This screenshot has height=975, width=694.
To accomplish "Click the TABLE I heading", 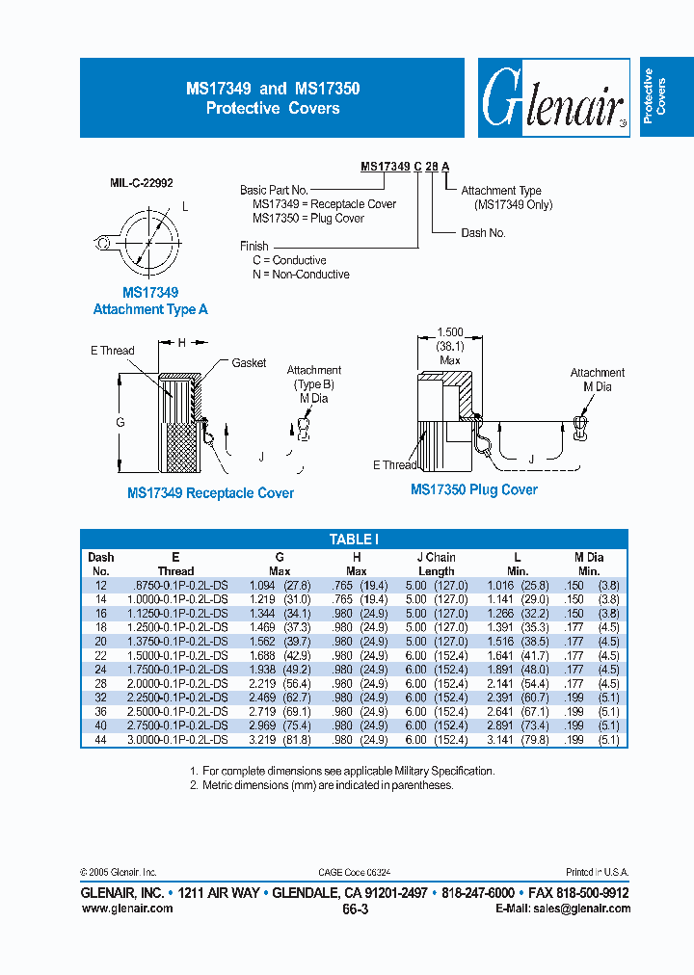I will [354, 540].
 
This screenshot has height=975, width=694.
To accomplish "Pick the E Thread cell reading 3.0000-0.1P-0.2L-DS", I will [175, 739].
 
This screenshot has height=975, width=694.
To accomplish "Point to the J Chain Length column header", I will [436, 564].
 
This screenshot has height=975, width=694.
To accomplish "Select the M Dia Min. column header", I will [588, 564].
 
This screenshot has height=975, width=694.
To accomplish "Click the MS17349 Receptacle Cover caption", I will [210, 493].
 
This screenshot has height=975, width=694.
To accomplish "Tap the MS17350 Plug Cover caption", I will [474, 489].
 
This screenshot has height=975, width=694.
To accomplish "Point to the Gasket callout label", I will [249, 363].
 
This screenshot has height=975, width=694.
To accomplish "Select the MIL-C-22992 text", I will [142, 182].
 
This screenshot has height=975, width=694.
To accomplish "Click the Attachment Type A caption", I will [150, 309].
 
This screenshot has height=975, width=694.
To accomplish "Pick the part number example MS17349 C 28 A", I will [405, 167].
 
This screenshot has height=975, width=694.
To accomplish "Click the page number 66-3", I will [355, 908].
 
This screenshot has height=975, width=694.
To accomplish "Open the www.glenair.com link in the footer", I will [127, 908].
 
